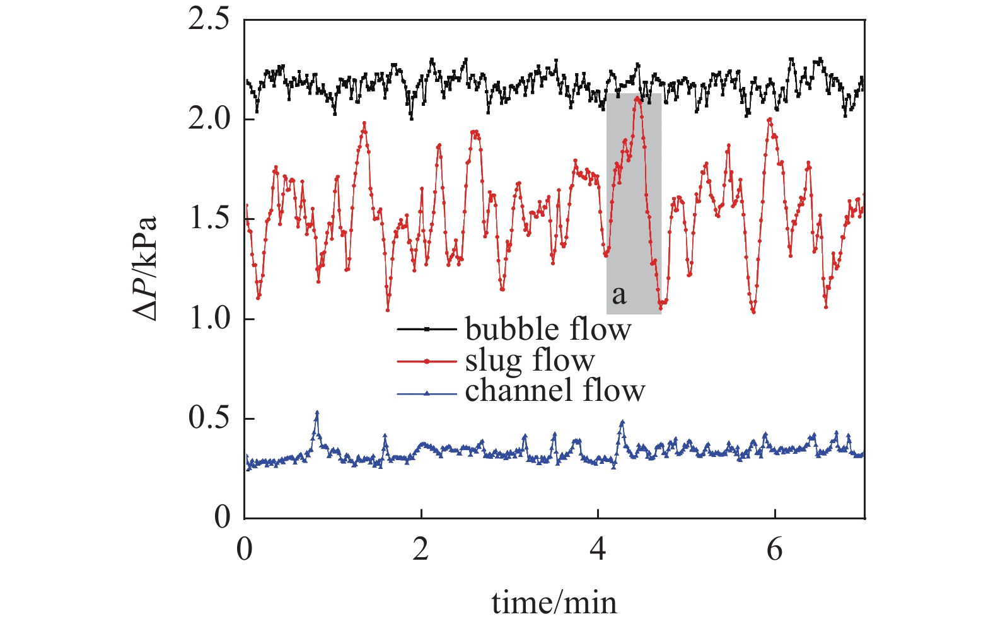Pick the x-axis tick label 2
[421, 549]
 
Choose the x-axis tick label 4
[598, 549]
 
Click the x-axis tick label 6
[774, 549]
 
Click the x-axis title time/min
[554, 603]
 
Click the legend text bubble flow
[548, 329]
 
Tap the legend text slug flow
[530, 361]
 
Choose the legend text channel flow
[555, 391]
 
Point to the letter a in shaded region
[619, 294]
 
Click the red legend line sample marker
[427, 361]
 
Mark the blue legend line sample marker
[427, 394]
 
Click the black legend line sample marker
[427, 329]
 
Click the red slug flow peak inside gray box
[638, 98]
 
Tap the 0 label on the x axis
[245, 549]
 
